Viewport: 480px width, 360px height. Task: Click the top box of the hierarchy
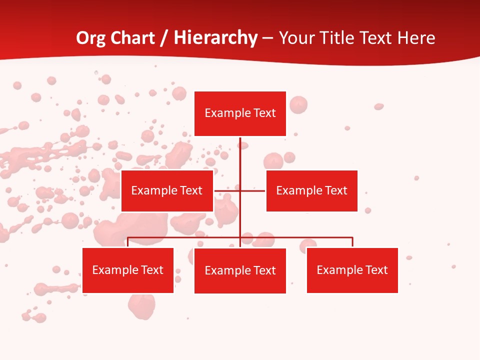[x=240, y=113]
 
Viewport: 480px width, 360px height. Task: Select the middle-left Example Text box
[x=167, y=190]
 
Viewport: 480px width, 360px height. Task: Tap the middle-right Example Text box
[x=311, y=190]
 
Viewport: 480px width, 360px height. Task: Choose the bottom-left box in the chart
[x=128, y=270]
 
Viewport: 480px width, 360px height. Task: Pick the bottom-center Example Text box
[x=240, y=270]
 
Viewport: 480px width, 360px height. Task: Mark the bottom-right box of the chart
[x=352, y=270]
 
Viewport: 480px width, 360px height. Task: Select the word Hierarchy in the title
[x=215, y=38]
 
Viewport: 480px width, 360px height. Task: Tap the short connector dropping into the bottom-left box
[x=128, y=242]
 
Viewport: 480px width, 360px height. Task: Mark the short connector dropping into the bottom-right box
[x=352, y=242]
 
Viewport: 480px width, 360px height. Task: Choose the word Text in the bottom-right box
[x=376, y=270]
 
